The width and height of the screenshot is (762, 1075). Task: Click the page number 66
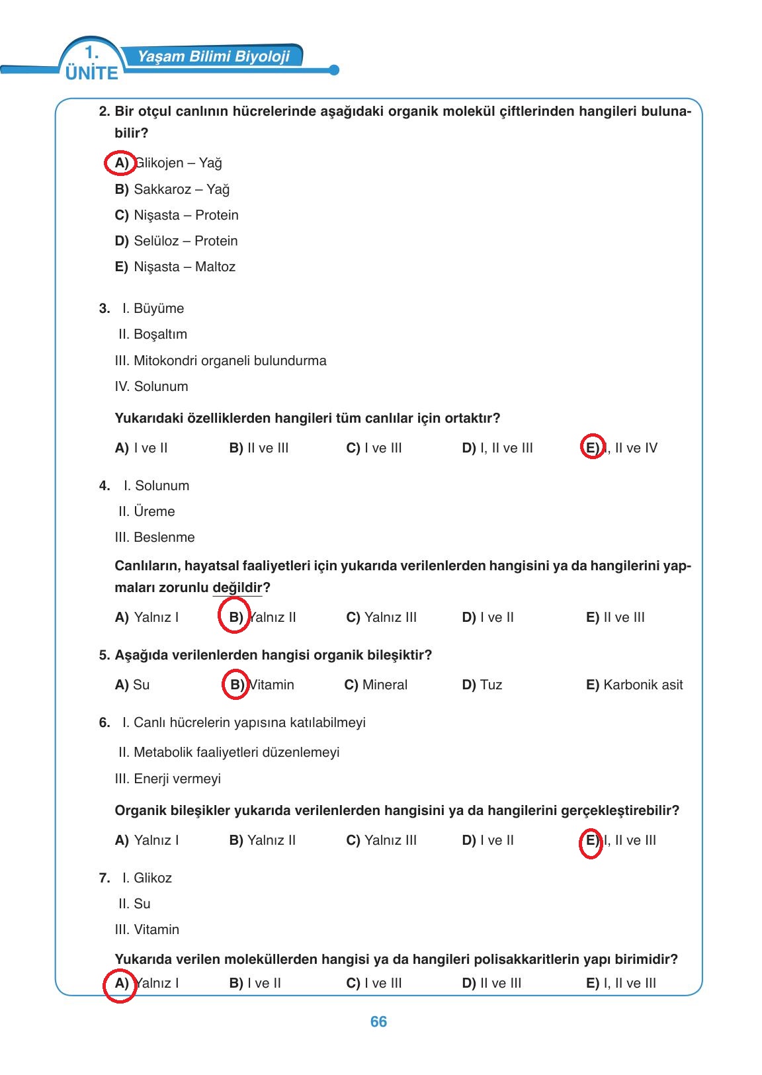378,1022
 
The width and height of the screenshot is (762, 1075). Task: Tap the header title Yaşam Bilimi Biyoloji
214,57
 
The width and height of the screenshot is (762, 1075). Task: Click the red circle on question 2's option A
120,163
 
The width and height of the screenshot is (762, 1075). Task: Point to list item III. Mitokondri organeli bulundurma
220,361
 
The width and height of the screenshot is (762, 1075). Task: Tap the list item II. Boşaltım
153,334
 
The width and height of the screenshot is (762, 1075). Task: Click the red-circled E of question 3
592,448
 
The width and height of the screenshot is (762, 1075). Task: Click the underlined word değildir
237,587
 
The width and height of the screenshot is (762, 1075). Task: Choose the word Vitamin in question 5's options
271,685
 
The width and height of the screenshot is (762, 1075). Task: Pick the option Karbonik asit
643,685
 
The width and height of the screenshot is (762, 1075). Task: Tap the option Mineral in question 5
385,685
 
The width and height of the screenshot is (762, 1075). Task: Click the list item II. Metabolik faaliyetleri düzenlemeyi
229,752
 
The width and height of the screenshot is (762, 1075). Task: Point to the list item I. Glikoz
147,878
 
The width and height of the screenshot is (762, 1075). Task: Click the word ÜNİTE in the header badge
92,73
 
